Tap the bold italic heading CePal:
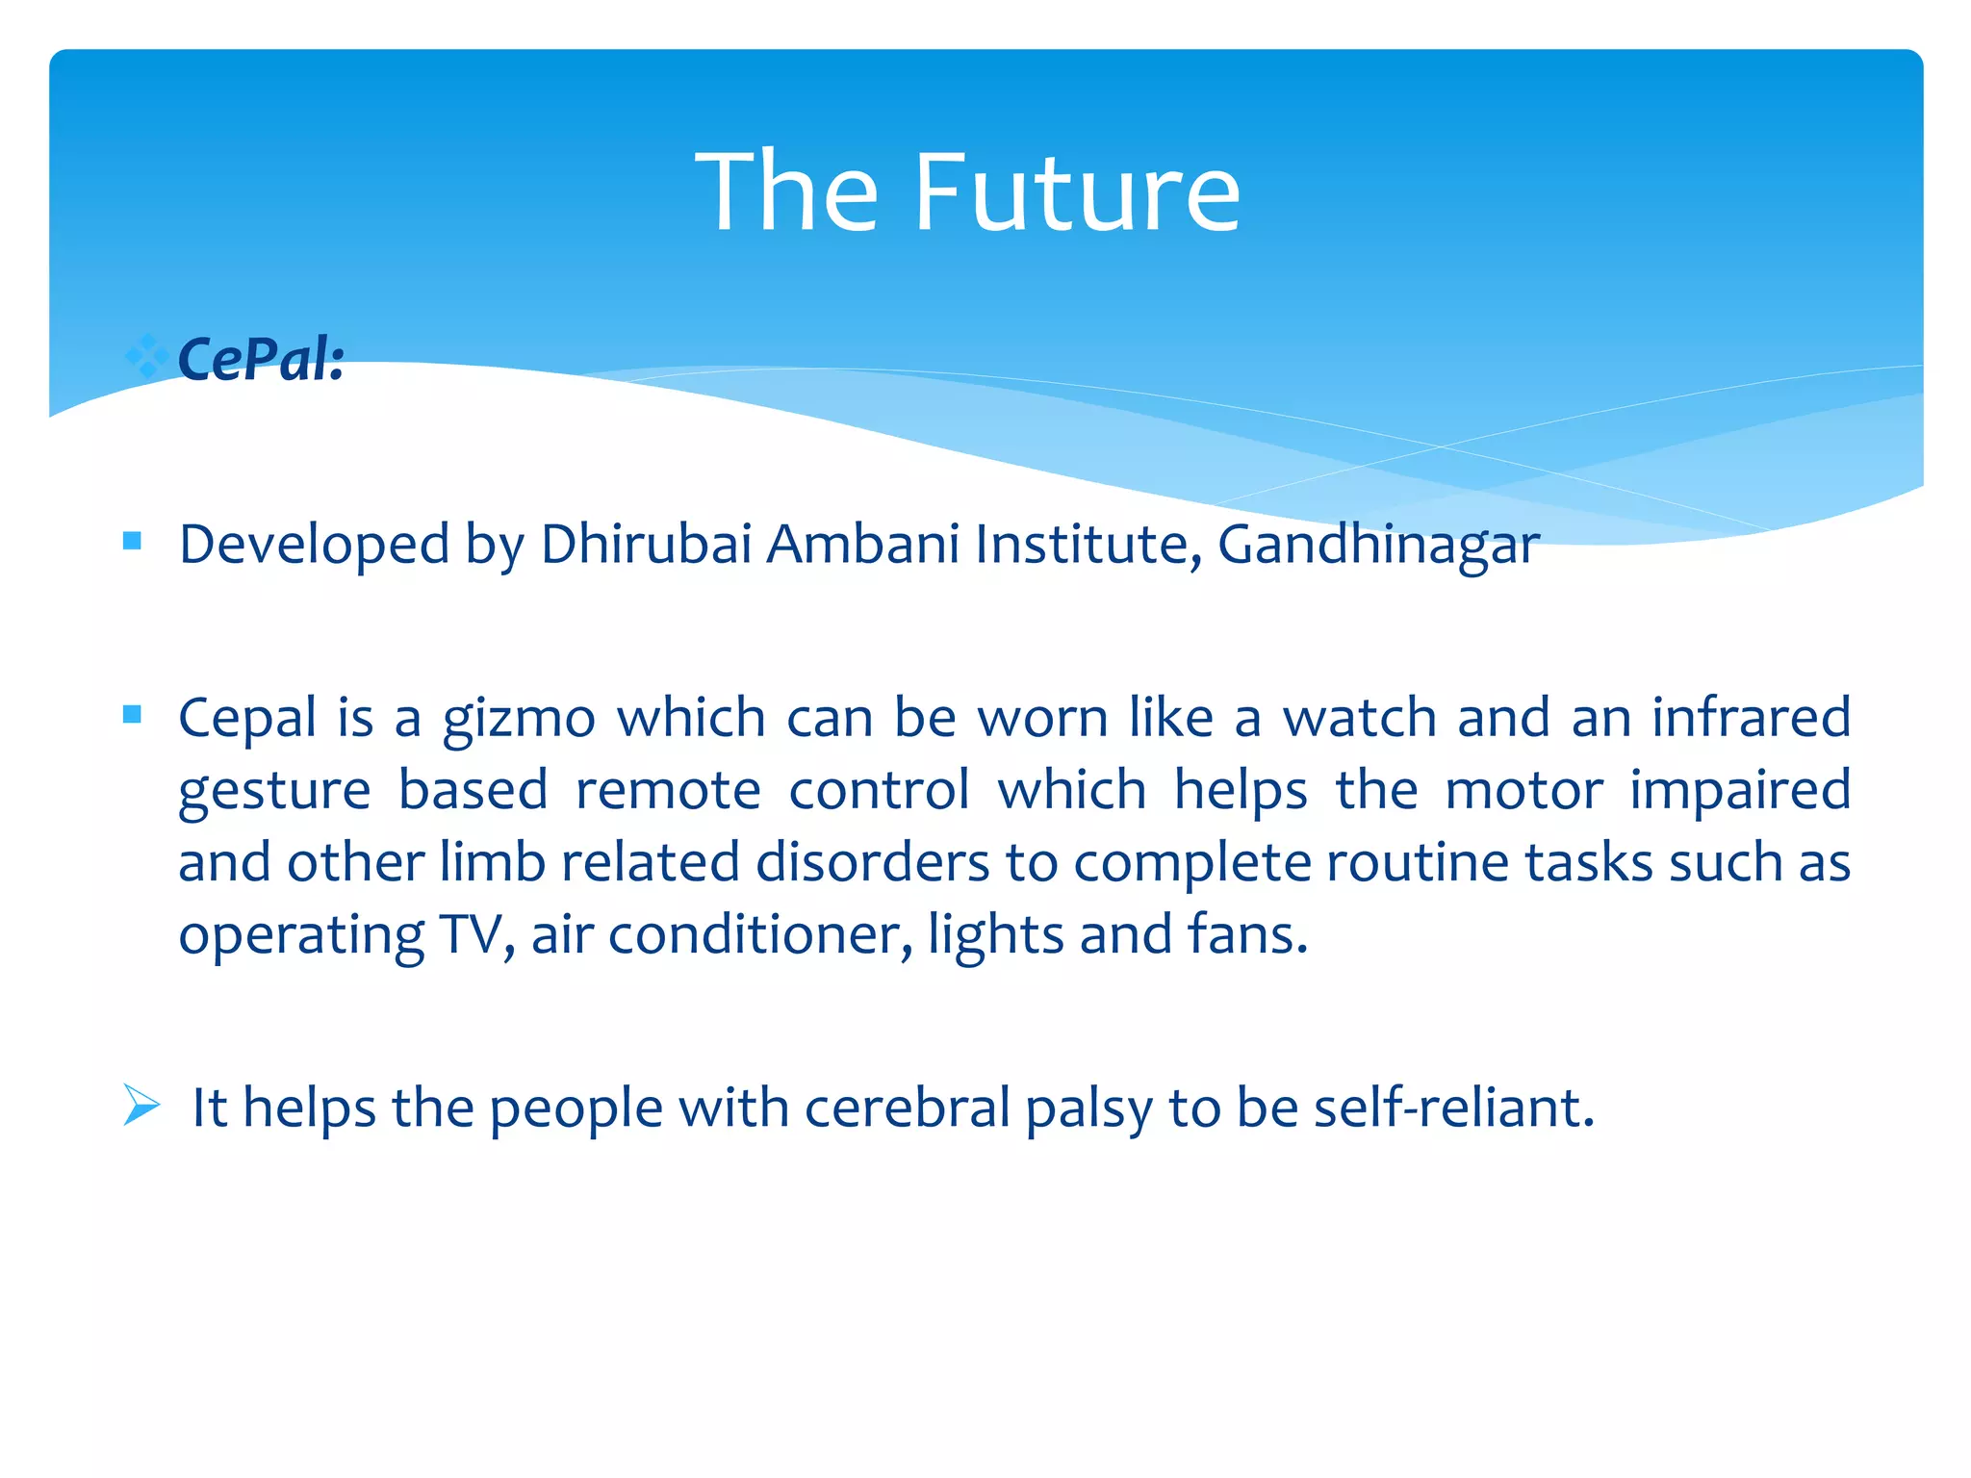click(261, 360)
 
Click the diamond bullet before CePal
click(146, 356)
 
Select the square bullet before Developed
click(133, 541)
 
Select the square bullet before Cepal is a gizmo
click(133, 714)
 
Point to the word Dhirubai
click(646, 544)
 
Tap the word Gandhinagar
click(1378, 546)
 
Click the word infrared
click(1751, 717)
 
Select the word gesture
click(274, 792)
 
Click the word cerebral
click(907, 1108)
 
